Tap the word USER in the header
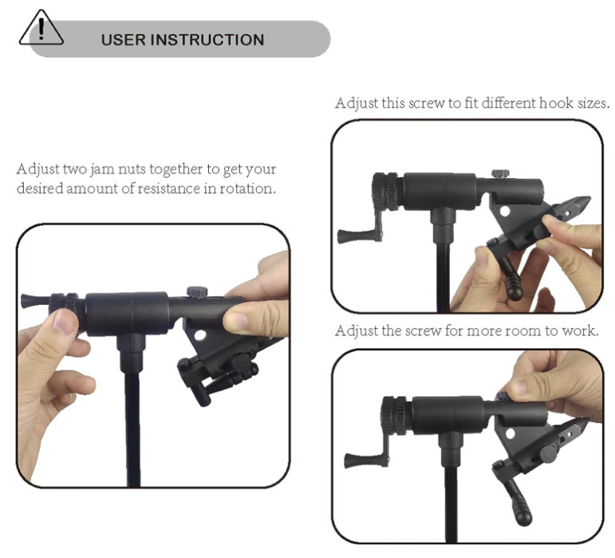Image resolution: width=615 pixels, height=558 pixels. (x=123, y=40)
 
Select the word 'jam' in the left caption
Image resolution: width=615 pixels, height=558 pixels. (x=102, y=169)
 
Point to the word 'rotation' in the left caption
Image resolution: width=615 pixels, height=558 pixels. (x=247, y=188)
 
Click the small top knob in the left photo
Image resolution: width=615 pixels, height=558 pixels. (x=196, y=291)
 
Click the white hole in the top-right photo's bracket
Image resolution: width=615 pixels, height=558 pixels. (x=504, y=212)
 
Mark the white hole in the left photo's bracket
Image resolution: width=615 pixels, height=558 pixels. (x=200, y=334)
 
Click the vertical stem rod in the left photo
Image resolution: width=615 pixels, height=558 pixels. (x=132, y=428)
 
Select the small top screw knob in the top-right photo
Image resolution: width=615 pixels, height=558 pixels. (x=500, y=173)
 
